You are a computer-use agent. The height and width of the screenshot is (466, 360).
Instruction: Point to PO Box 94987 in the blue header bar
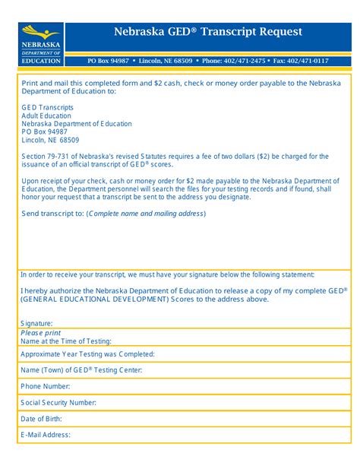point(109,60)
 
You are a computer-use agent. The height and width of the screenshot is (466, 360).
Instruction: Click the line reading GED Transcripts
point(48,107)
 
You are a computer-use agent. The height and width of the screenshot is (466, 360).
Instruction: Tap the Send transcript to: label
point(52,214)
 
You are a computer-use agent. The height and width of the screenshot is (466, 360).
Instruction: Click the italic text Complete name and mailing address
point(146,214)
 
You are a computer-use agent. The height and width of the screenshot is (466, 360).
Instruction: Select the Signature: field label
point(36,323)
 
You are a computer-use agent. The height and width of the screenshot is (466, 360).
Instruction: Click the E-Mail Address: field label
point(46,435)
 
